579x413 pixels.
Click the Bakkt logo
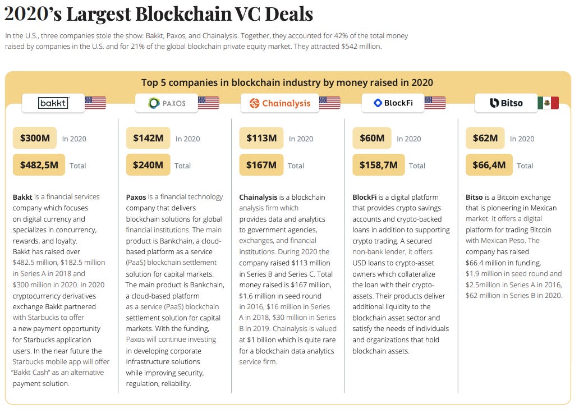point(53,103)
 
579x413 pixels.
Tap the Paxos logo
point(167,103)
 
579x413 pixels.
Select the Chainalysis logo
point(279,103)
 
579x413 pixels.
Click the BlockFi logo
point(393,103)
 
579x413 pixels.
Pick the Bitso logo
point(506,103)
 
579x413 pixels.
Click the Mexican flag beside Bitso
point(548,103)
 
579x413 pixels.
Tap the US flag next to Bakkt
point(95,103)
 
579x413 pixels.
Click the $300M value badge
point(35,138)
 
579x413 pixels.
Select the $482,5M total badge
point(39,165)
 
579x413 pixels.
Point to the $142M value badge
point(148,138)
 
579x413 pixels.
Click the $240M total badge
point(148,165)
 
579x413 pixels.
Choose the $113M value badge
point(261,138)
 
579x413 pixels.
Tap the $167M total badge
point(261,165)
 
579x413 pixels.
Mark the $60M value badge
point(372,138)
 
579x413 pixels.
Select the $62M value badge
point(485,138)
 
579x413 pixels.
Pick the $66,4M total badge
point(489,165)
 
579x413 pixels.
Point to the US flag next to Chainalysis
point(330,103)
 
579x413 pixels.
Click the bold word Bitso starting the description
point(474,197)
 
